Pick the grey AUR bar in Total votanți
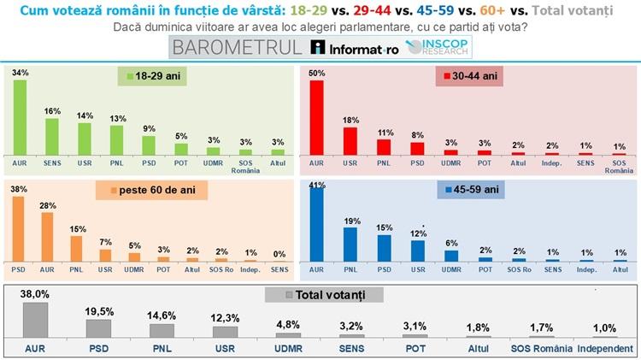(34, 320)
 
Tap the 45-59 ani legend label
(468, 187)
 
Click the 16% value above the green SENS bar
(52, 111)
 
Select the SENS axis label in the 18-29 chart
(53, 160)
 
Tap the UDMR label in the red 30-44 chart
(449, 160)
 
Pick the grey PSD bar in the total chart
(98, 328)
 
